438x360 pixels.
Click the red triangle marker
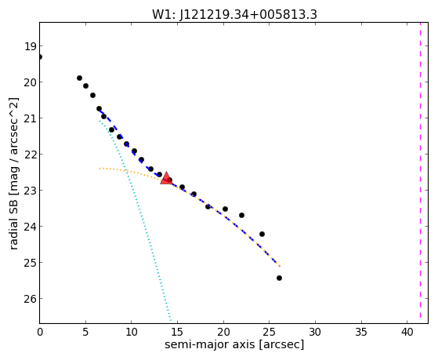coord(166,178)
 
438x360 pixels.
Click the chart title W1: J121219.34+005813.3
coord(234,15)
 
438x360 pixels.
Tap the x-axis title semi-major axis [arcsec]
coord(234,344)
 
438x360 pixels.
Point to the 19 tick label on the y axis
coord(30,46)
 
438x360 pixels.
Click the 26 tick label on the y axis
coord(30,299)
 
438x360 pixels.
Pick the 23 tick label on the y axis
coord(30,191)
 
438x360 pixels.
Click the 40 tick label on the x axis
coord(407,332)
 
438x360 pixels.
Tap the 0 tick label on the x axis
coord(40,332)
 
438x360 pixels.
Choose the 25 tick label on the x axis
coord(269,332)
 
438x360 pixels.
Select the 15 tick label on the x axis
coord(177,332)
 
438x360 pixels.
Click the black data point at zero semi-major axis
coord(40,56)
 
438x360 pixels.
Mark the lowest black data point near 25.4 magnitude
coord(279,278)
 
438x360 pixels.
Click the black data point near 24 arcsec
coord(262,234)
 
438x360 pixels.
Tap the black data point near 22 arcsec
coord(241,215)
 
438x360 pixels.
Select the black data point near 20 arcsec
coord(225,209)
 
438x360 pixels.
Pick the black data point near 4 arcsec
coord(79,78)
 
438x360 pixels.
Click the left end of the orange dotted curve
coord(100,169)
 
